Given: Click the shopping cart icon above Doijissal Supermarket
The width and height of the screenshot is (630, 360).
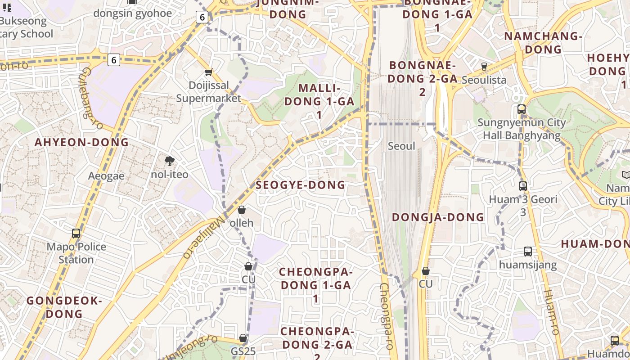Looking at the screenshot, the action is pyautogui.click(x=208, y=72).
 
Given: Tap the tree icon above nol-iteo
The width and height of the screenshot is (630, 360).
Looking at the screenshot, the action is pyautogui.click(x=170, y=161).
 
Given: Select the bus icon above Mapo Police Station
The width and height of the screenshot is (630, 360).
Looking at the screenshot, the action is pyautogui.click(x=76, y=234).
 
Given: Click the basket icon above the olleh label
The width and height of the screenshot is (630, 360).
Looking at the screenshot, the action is pyautogui.click(x=242, y=210).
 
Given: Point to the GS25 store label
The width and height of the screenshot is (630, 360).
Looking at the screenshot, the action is pyautogui.click(x=243, y=351).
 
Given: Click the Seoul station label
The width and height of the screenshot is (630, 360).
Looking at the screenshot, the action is pyautogui.click(x=401, y=146).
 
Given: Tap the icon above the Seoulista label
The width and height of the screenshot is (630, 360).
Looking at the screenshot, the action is pyautogui.click(x=484, y=66).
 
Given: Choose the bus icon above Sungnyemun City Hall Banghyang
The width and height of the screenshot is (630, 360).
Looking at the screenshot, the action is pyautogui.click(x=522, y=109).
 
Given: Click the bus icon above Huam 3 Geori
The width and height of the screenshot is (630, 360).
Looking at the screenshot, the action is pyautogui.click(x=523, y=186).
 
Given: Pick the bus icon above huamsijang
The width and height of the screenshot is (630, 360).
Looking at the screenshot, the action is pyautogui.click(x=528, y=252).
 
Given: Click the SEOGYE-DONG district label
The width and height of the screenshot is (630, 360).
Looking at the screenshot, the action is pyautogui.click(x=301, y=185).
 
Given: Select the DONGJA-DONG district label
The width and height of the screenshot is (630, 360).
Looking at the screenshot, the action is pyautogui.click(x=438, y=217).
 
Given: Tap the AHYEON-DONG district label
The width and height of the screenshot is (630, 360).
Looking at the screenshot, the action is pyautogui.click(x=82, y=143).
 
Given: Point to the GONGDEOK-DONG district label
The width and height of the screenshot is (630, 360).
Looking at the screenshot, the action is pyautogui.click(x=64, y=307).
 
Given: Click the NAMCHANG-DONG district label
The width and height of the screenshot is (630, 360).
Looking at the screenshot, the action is pyautogui.click(x=543, y=42).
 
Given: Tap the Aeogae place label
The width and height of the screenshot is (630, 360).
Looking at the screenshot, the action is pyautogui.click(x=106, y=176).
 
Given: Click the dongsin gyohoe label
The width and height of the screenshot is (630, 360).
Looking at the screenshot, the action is pyautogui.click(x=133, y=13).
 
